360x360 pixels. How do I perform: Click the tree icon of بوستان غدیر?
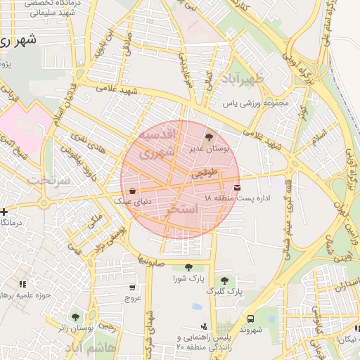click(x=209, y=137)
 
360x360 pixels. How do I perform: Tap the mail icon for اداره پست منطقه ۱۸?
click(x=237, y=187)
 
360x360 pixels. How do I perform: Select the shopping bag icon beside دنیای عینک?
click(x=132, y=190)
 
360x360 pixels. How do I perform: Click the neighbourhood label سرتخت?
click(x=49, y=180)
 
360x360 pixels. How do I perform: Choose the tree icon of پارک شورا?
click(x=188, y=266)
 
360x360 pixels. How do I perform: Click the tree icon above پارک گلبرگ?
click(x=224, y=280)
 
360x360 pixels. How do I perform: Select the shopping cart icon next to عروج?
click(x=132, y=287)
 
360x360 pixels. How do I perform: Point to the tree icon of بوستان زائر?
click(x=75, y=317)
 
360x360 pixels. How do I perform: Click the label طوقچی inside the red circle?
click(x=211, y=172)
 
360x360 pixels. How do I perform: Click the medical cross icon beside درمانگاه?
click(x=4, y=211)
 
